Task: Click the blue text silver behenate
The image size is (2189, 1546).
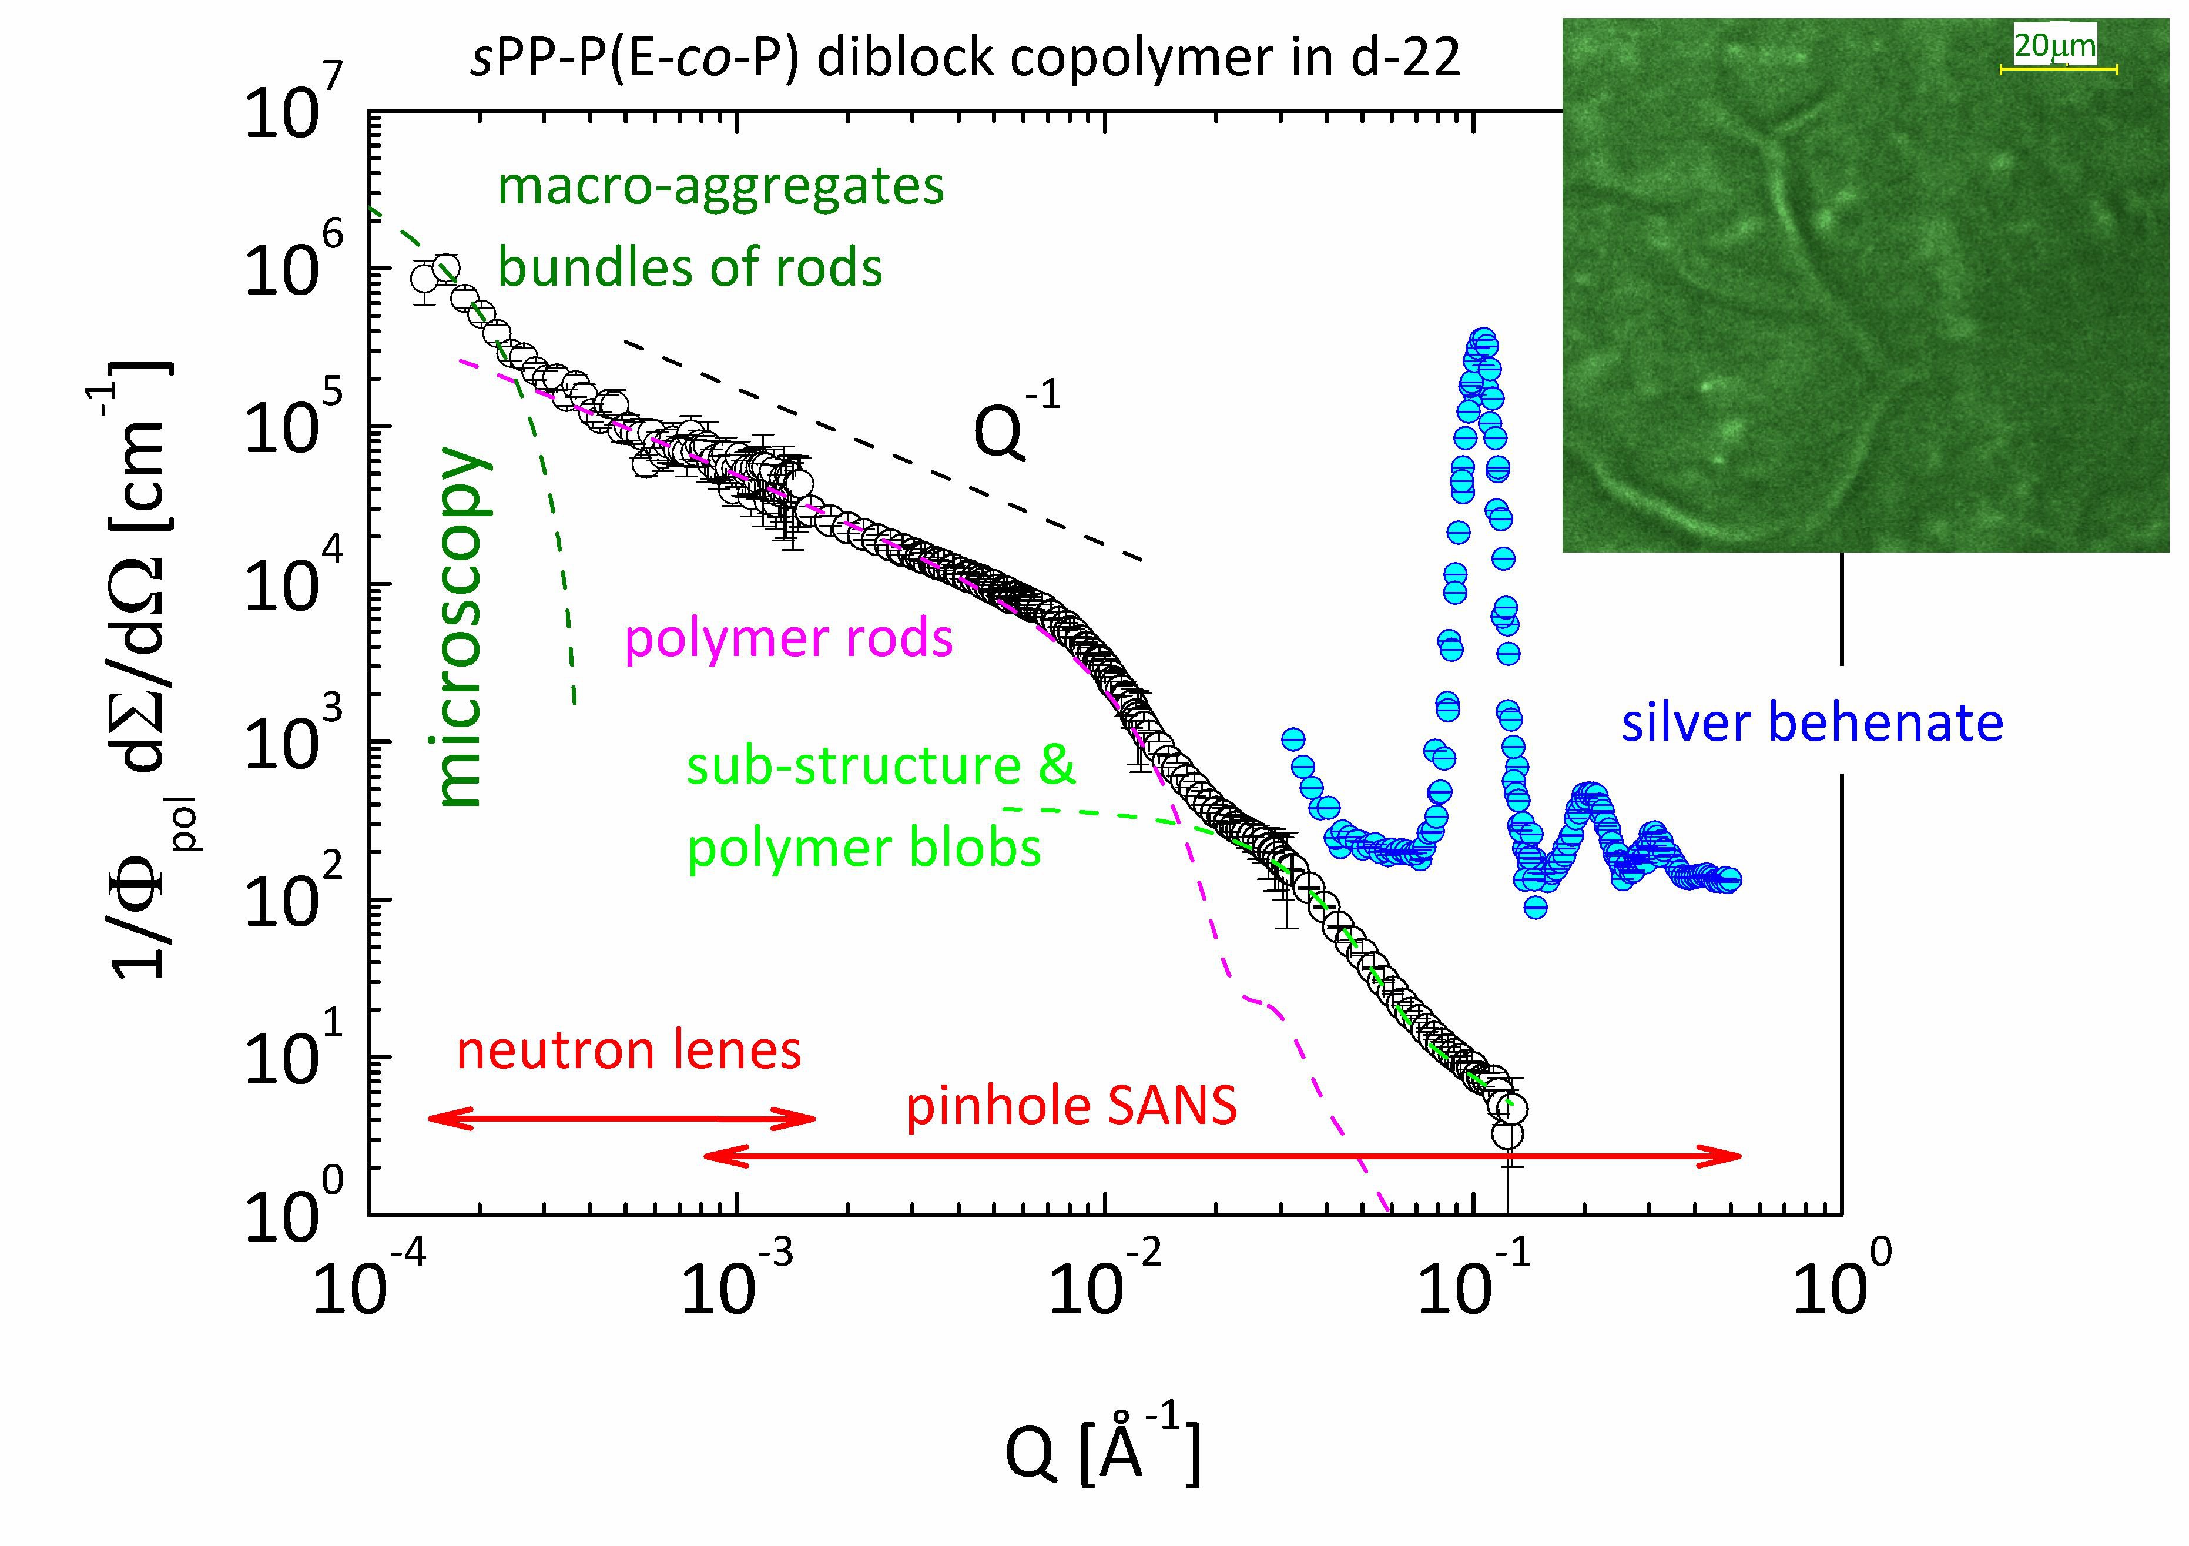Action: coord(1812,723)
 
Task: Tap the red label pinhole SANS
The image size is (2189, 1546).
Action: coord(1071,1106)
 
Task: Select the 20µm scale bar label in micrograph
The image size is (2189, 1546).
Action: coord(2054,45)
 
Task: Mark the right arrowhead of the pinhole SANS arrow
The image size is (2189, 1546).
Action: coord(1731,1157)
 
